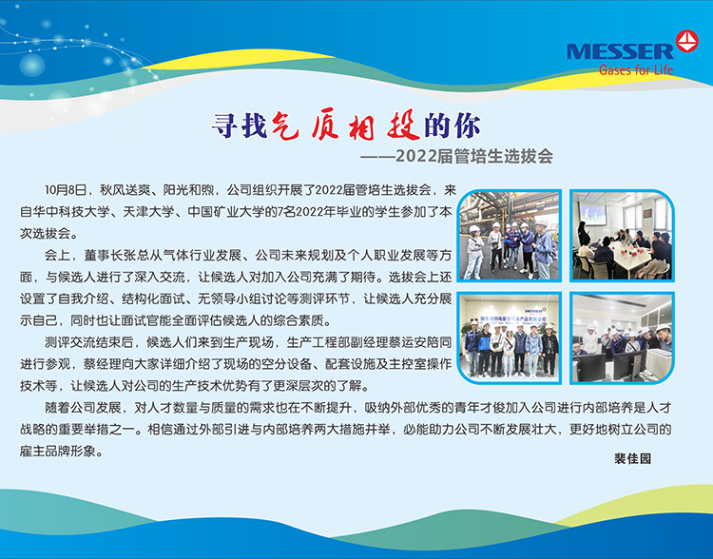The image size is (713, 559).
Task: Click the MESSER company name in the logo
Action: click(x=620, y=51)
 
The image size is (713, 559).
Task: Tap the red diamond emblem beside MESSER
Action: click(x=686, y=41)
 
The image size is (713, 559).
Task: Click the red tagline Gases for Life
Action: click(x=636, y=69)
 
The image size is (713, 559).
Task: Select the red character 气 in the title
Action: click(x=285, y=125)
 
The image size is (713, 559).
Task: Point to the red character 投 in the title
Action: click(x=403, y=125)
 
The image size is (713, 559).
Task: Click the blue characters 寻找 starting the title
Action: click(x=240, y=125)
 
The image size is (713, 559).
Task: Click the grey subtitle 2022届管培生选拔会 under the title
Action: click(x=474, y=156)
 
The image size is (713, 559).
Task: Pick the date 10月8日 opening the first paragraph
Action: click(x=66, y=190)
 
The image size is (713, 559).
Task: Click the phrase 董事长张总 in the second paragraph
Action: click(x=116, y=255)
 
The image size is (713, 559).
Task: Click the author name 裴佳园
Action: click(x=632, y=458)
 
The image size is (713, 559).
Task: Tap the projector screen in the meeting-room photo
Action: click(x=592, y=214)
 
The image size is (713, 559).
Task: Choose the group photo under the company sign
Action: click(x=510, y=337)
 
